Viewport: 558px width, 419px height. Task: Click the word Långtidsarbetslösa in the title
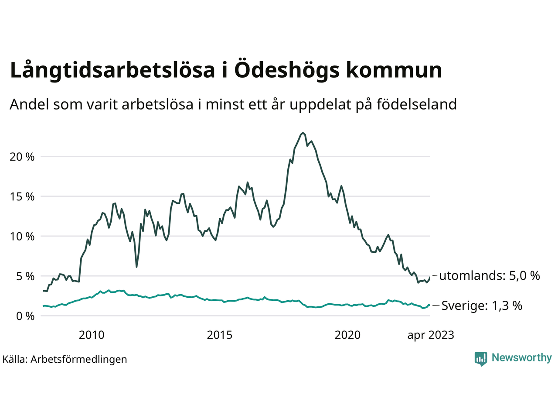[113, 71]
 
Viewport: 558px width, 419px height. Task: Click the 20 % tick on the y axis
[22, 157]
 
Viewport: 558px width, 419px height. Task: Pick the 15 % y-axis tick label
[22, 197]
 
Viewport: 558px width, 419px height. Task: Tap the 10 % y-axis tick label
[22, 237]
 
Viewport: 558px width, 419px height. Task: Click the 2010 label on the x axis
[92, 335]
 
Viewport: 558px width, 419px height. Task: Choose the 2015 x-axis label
[220, 335]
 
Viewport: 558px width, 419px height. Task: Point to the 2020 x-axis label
[347, 335]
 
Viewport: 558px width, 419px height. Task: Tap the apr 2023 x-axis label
[431, 335]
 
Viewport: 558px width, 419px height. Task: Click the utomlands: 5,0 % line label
[490, 276]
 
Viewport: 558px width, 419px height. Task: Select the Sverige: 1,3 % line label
[482, 306]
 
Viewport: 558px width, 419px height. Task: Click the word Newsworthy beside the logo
[521, 358]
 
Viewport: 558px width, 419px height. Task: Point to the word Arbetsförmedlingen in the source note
[79, 360]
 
